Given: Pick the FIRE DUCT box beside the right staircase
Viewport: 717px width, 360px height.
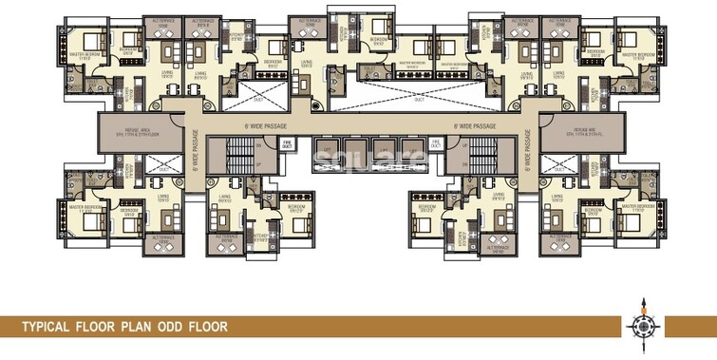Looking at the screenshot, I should point(436,144).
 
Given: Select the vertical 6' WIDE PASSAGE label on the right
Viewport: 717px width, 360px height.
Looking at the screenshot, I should point(525,157).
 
